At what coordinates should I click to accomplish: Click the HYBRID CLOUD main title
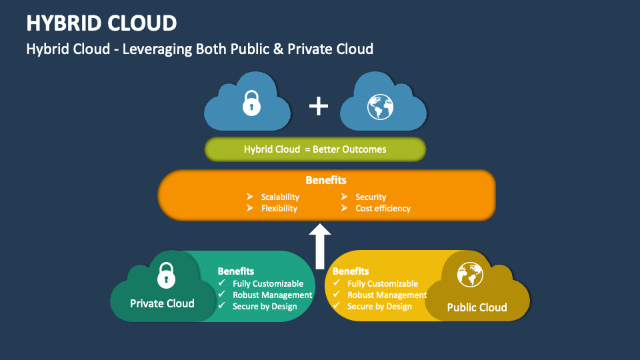click(101, 23)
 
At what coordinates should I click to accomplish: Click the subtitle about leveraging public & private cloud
click(199, 49)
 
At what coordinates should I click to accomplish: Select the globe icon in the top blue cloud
click(381, 105)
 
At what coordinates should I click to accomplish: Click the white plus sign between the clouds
click(319, 105)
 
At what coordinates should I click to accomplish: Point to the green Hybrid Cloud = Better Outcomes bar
click(315, 149)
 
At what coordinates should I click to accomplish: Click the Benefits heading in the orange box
click(326, 180)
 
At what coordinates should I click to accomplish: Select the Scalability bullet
click(280, 197)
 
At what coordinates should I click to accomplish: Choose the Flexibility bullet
click(279, 208)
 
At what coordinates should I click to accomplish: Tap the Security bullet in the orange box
click(371, 197)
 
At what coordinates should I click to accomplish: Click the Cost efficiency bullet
click(383, 208)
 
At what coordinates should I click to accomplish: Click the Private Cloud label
click(162, 303)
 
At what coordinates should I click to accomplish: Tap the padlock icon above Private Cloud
click(165, 273)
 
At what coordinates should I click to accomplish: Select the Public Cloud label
click(477, 307)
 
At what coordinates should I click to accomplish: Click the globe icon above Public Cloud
click(470, 275)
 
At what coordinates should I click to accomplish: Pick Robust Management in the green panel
click(272, 295)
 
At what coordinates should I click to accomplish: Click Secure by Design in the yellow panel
click(379, 306)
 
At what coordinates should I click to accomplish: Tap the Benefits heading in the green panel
click(236, 271)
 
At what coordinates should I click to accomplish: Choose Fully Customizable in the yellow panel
click(383, 283)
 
